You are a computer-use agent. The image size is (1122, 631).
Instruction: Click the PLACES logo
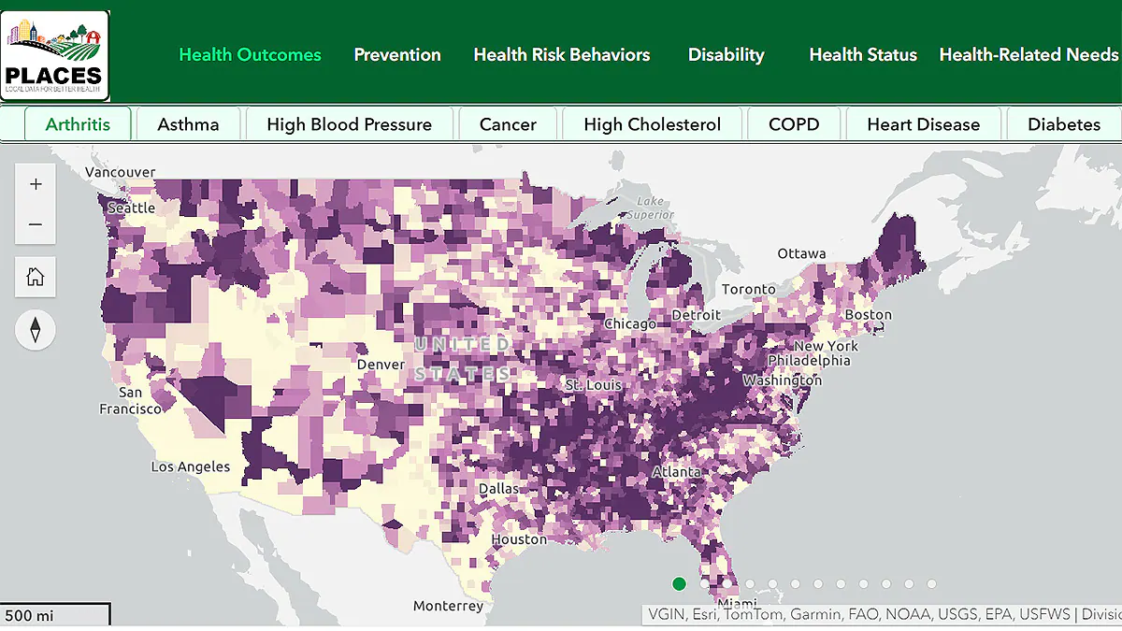click(x=55, y=55)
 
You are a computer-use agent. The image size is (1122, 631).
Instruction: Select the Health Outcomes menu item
click(x=250, y=55)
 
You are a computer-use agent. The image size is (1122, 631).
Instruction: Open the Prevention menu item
click(x=397, y=55)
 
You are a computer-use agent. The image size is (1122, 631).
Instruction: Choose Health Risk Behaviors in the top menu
click(x=561, y=55)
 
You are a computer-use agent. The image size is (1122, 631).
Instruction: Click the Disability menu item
click(x=726, y=55)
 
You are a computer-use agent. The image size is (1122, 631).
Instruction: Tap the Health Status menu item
click(x=863, y=55)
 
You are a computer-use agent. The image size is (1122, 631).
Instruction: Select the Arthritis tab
click(x=78, y=124)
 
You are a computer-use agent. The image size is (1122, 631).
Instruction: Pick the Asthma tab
click(x=188, y=124)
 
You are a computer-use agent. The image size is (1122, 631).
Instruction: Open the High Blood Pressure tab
click(x=349, y=124)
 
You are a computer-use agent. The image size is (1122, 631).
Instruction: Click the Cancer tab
click(x=508, y=124)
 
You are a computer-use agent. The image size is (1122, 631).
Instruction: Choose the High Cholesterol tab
click(x=652, y=124)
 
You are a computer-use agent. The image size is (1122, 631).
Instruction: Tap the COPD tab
click(x=794, y=124)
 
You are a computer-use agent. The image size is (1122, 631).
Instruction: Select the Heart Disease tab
click(x=923, y=124)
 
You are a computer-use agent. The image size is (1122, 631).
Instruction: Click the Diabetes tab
click(x=1063, y=124)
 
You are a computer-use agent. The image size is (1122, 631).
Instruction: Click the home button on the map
click(x=36, y=277)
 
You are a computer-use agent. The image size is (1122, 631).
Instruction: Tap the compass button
click(x=36, y=330)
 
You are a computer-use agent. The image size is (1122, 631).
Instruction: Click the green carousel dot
click(x=679, y=584)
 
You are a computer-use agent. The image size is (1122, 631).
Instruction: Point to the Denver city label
click(x=381, y=365)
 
